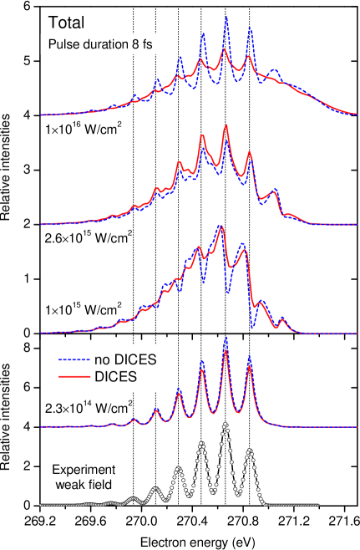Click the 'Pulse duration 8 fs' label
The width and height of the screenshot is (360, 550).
[99, 45]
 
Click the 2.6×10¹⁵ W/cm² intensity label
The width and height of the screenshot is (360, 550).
[89, 237]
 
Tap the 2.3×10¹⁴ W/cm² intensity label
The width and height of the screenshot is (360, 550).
[89, 407]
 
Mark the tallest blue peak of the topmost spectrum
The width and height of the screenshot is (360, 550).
[226, 17]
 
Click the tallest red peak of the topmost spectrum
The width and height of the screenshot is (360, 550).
[226, 51]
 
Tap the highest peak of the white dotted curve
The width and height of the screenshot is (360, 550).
[225, 424]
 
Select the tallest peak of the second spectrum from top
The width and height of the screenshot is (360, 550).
[226, 125]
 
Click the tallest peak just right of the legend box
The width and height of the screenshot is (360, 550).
[225, 339]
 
